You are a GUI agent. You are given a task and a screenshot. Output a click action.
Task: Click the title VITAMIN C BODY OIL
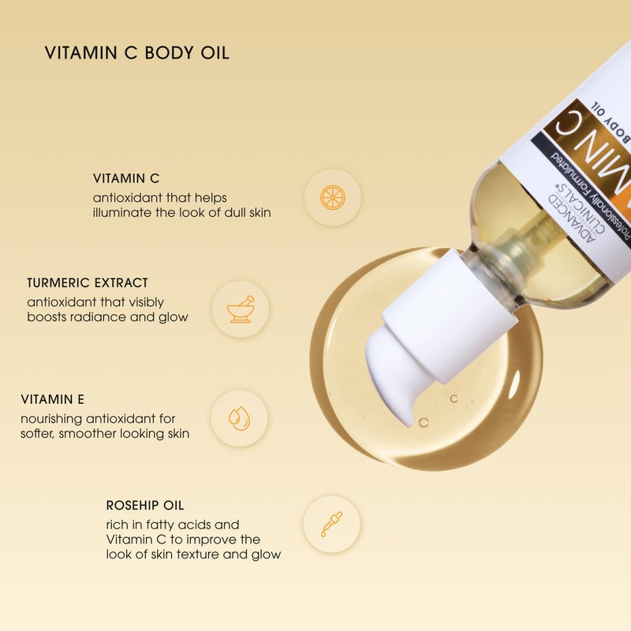[x=136, y=54]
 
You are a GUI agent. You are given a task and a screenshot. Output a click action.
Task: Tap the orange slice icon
[x=332, y=197]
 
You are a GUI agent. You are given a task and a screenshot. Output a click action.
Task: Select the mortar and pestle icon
[x=240, y=309]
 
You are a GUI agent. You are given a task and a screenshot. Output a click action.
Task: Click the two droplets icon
[x=239, y=418]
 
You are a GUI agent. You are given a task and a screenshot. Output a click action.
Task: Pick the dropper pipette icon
[x=331, y=524]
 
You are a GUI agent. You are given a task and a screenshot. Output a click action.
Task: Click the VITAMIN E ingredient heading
[x=58, y=400]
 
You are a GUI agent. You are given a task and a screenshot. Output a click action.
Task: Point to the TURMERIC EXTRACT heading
[x=88, y=282]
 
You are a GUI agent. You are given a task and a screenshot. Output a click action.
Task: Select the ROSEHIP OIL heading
[x=145, y=506]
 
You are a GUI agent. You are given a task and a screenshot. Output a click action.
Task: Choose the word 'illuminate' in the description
[x=130, y=212]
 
